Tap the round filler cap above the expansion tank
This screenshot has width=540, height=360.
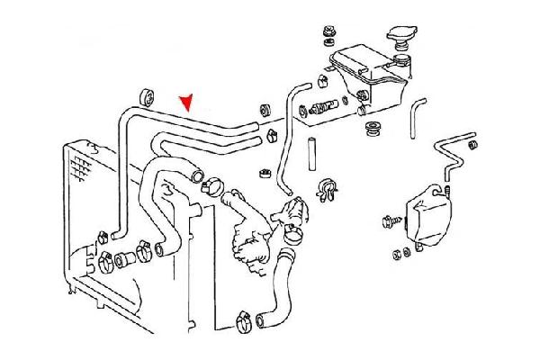[x=402, y=39]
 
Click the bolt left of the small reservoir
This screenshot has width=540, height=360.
[x=392, y=219]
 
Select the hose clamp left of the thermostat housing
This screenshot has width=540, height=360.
[x=212, y=187]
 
